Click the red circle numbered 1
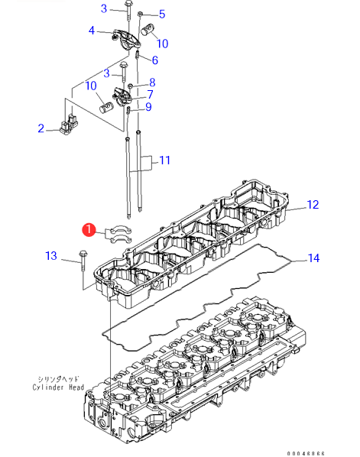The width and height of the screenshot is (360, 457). point(89,230)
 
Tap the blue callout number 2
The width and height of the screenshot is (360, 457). point(41,128)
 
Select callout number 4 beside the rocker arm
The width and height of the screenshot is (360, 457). point(92,31)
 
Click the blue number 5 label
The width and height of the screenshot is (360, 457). point(162,14)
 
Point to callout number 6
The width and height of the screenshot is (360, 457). point(155,60)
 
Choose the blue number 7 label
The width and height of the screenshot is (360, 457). point(150,95)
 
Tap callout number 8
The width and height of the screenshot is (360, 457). point(152,83)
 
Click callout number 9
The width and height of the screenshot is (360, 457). point(149,107)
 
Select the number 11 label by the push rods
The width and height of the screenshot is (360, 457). point(164,160)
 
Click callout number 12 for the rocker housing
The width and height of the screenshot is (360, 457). point(313,205)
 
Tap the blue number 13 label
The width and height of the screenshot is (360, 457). point(51,256)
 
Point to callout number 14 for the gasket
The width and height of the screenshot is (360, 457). point(313,258)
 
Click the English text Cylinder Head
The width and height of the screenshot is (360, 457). point(58,387)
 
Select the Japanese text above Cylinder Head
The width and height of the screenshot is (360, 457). point(58,379)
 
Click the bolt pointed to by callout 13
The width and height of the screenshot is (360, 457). point(83,261)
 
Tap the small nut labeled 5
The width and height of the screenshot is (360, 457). point(140,14)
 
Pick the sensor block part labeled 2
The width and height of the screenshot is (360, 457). point(69,125)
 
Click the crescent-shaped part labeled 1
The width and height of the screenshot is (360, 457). point(118,235)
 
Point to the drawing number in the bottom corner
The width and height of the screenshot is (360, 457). point(306,453)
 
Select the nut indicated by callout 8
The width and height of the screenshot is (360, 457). point(131,86)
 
